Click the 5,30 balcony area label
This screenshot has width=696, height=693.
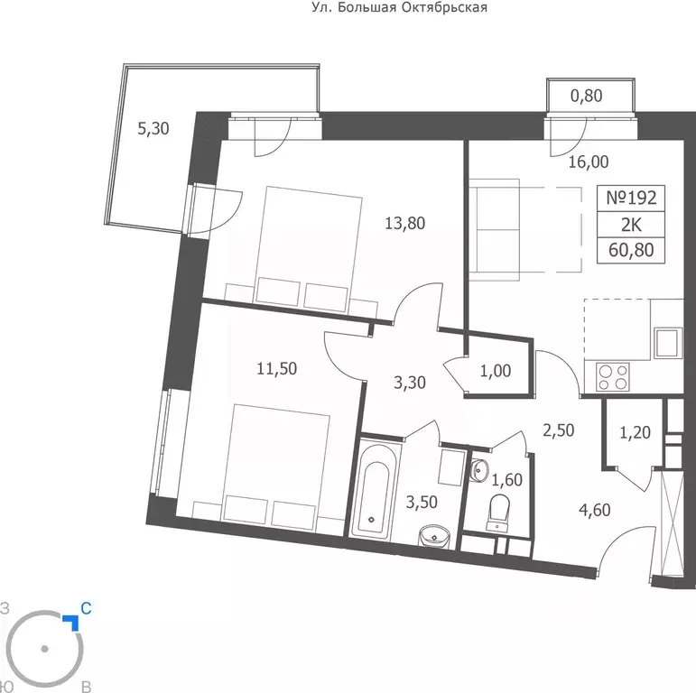[153, 129]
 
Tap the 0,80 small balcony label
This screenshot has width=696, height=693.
[586, 96]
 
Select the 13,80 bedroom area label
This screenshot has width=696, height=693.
[404, 223]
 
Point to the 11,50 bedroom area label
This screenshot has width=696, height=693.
[277, 369]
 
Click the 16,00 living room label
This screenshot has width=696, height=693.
[589, 162]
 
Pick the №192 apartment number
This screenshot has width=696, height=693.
[631, 198]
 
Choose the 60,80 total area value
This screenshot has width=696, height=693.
[631, 250]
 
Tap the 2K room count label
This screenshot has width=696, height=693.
[631, 226]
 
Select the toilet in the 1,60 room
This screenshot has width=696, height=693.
[499, 513]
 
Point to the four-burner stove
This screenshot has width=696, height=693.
[613, 376]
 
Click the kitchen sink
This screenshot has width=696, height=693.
[668, 343]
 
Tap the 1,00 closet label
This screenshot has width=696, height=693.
[496, 371]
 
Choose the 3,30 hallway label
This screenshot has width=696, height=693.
[410, 383]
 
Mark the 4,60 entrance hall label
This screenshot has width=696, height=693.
[594, 510]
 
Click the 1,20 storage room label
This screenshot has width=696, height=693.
[635, 432]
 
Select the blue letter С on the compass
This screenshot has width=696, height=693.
[86, 608]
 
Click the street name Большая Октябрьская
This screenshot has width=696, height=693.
[413, 7]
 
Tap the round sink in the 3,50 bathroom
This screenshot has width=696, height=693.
[434, 537]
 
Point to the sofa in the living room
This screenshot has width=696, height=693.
[494, 230]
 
